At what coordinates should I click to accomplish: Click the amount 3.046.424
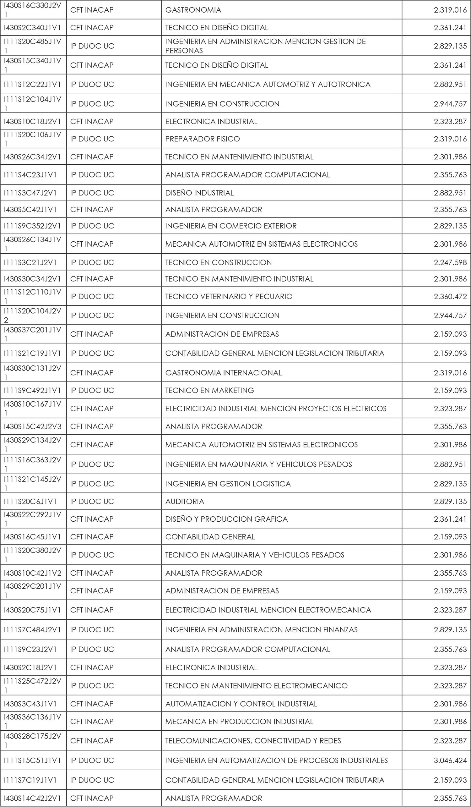click(450, 760)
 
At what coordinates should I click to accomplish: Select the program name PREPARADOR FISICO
click(203, 139)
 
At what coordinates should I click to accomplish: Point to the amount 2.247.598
click(450, 263)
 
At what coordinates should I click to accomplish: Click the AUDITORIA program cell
click(185, 502)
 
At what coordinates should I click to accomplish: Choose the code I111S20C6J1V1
click(30, 502)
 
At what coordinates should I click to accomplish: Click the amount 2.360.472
click(450, 297)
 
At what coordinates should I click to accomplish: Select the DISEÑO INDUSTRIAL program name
click(199, 193)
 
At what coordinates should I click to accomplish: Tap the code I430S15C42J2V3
click(32, 426)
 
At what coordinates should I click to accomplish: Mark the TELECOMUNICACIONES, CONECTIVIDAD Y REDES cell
click(253, 741)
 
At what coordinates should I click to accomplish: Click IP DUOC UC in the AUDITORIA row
click(92, 502)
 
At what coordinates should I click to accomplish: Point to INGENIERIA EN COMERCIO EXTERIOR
click(231, 226)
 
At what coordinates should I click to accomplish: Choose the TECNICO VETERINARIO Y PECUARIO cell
click(229, 297)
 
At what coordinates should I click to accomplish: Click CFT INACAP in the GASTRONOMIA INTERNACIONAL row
click(92, 373)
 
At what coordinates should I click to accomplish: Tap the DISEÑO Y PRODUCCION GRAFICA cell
click(226, 519)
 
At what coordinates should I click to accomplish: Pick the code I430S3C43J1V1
click(30, 704)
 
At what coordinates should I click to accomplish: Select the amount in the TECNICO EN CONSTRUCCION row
click(450, 263)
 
